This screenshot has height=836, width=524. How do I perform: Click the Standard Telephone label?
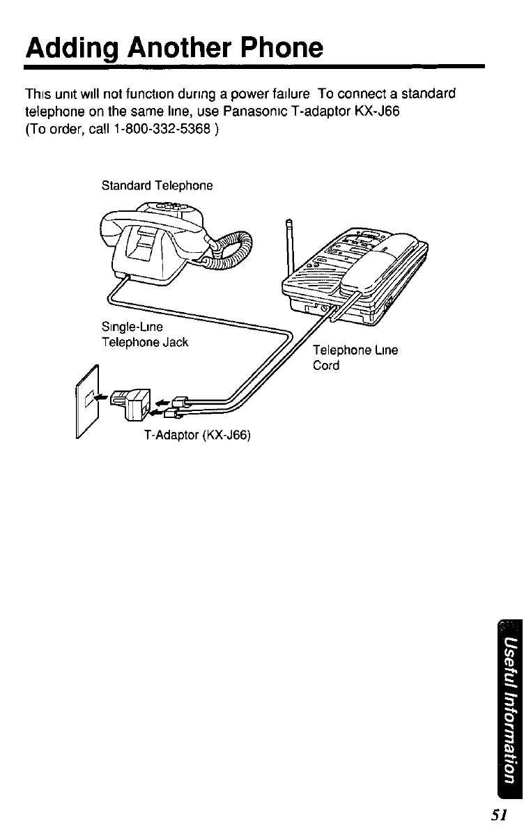pos(157,186)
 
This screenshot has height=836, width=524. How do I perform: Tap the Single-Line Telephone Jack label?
pos(145,336)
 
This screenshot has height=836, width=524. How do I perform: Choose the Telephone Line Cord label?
pos(355,357)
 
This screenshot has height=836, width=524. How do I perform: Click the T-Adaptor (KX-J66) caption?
pos(196,435)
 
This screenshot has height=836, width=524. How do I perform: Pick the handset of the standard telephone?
pos(153,230)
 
